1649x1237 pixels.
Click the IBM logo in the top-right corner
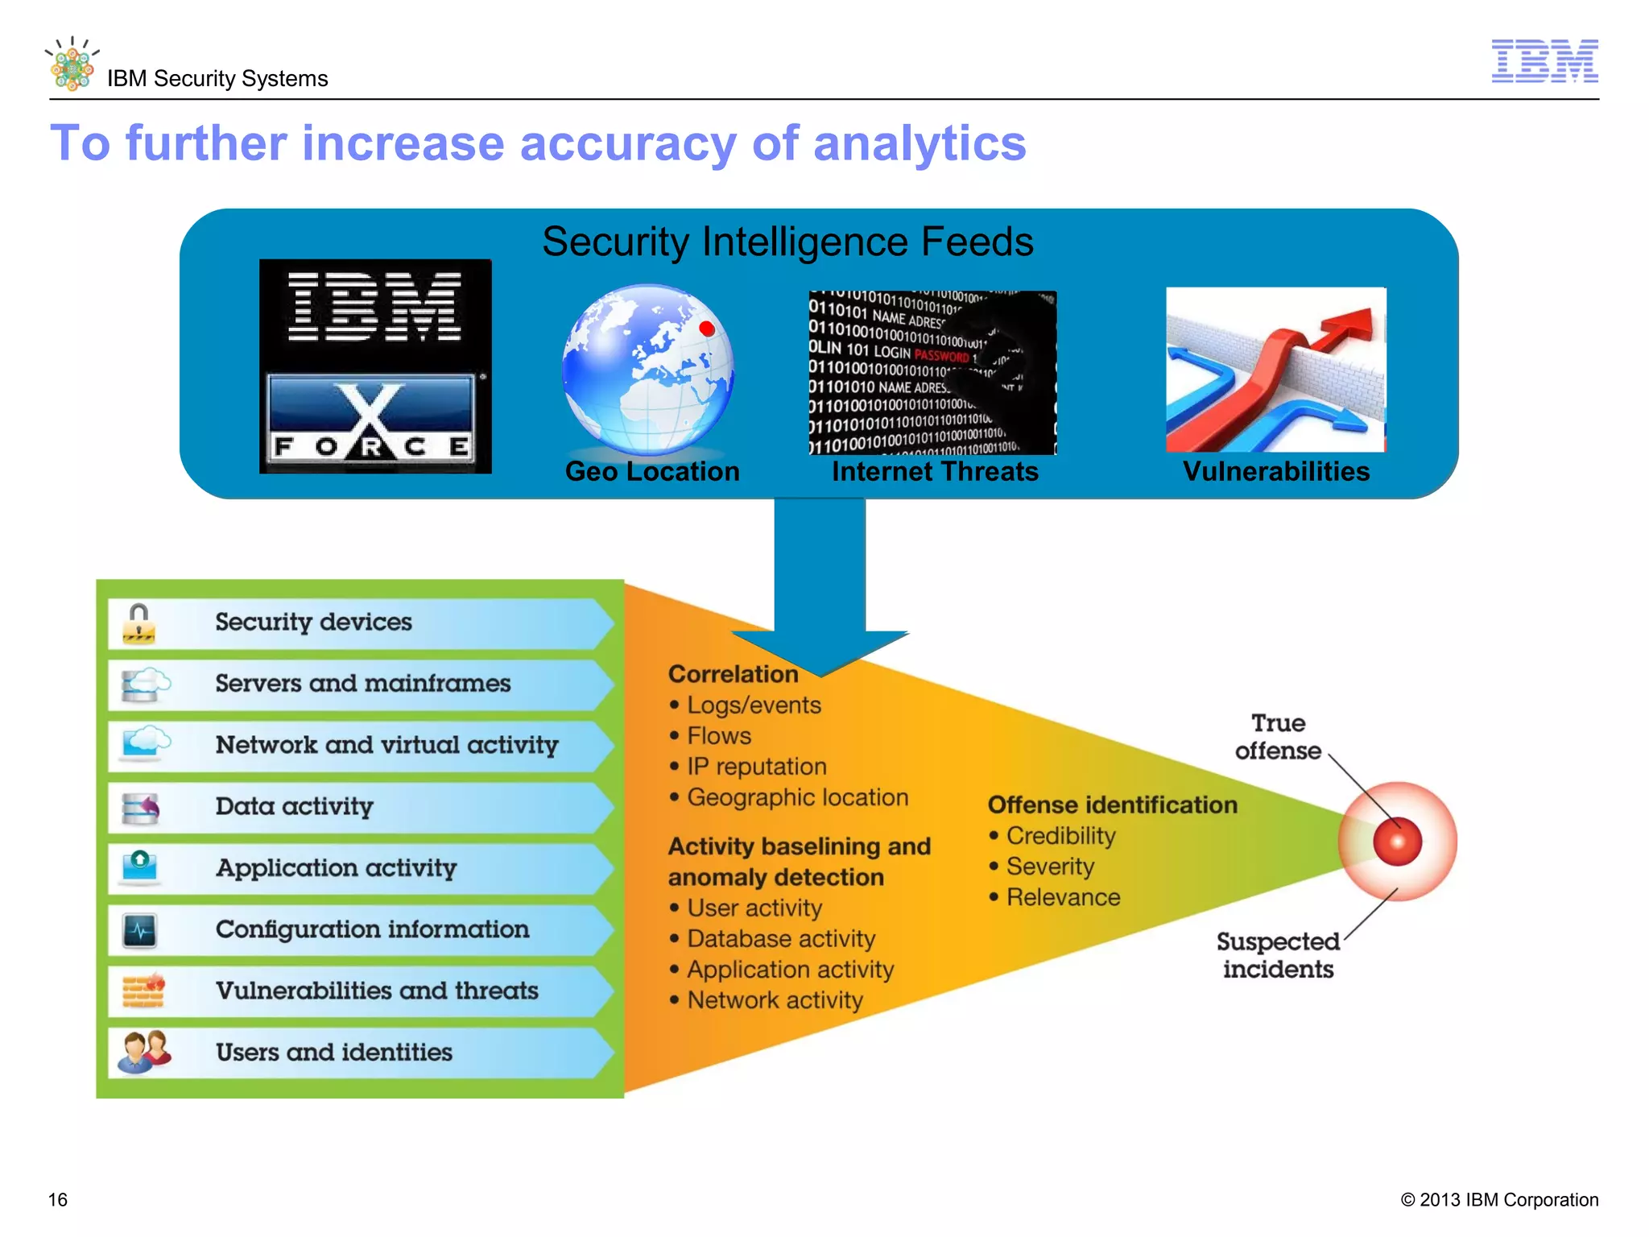click(x=1544, y=60)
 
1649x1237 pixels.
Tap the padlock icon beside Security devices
click(x=139, y=623)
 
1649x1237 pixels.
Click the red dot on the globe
click(x=707, y=328)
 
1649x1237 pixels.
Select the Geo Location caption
click(x=652, y=471)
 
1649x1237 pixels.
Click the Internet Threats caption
click(x=935, y=471)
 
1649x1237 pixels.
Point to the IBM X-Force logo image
click(x=375, y=366)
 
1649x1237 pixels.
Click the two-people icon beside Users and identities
click(x=143, y=1051)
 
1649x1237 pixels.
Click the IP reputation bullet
click(x=756, y=766)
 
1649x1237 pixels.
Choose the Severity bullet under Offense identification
click(x=1050, y=867)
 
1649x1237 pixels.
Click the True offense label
click(x=1278, y=736)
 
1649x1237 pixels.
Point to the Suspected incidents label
click(x=1278, y=955)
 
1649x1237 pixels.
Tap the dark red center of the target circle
click(x=1398, y=842)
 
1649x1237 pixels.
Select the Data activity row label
click(x=295, y=806)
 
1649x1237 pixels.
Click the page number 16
click(x=58, y=1199)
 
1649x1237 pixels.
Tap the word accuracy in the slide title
click(x=627, y=144)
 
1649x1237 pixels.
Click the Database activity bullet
click(x=780, y=939)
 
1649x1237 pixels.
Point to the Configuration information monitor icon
click(x=140, y=931)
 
